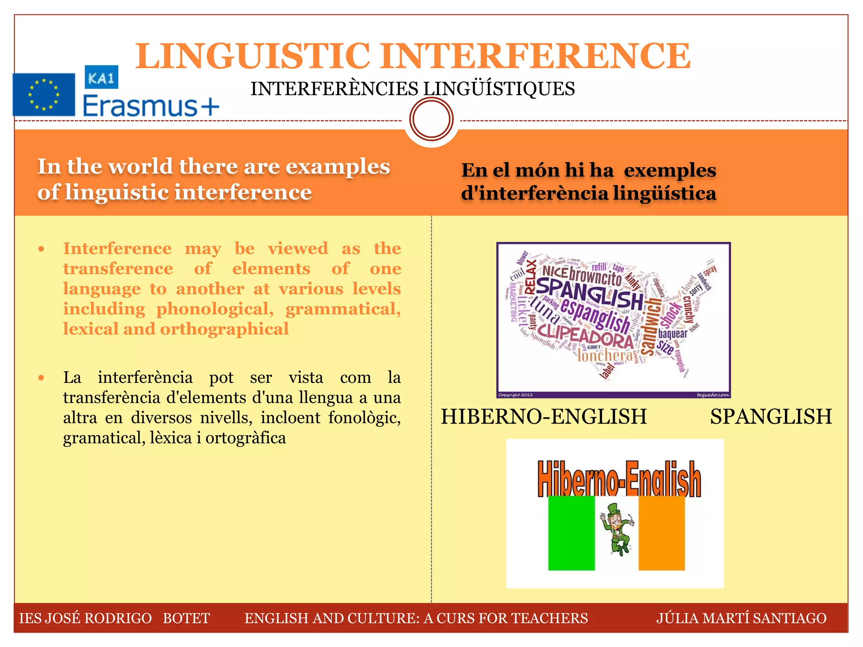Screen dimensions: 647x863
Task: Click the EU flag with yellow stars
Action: click(44, 95)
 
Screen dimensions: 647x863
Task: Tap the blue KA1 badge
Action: click(101, 77)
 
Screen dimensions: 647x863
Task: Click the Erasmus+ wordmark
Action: click(151, 106)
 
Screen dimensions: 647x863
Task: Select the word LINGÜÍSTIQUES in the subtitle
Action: click(499, 89)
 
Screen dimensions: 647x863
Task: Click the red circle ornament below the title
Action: click(431, 119)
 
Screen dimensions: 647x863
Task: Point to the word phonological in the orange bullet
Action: click(215, 309)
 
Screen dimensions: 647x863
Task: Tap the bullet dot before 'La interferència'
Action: click(41, 378)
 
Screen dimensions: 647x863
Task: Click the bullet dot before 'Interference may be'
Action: click(41, 249)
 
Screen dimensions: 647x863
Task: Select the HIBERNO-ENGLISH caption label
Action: click(544, 417)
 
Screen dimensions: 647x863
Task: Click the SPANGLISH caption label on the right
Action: click(771, 417)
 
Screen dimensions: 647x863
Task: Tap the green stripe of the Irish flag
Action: click(571, 533)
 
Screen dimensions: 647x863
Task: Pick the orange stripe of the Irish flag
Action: click(662, 533)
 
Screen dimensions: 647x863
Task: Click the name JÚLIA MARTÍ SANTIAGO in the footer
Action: click(741, 618)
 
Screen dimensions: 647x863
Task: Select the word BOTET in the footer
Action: click(186, 618)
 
